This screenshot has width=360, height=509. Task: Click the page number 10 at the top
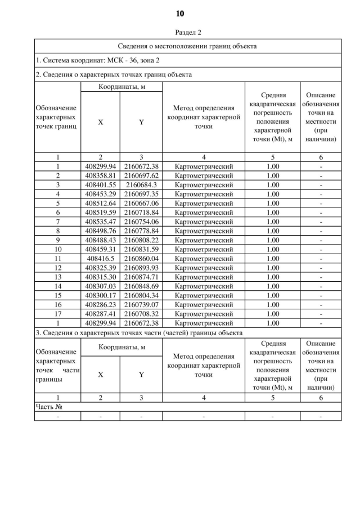click(x=180, y=13)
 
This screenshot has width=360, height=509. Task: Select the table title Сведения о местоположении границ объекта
click(x=188, y=46)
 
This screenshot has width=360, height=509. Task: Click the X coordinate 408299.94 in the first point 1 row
click(x=100, y=166)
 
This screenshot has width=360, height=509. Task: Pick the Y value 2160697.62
click(x=141, y=175)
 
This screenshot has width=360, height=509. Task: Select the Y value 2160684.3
click(x=141, y=184)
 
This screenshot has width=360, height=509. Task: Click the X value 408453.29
click(x=100, y=193)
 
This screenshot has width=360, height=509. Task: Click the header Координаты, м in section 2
click(x=121, y=87)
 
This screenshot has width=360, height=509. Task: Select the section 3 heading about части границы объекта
click(x=139, y=333)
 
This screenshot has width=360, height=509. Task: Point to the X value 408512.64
click(x=100, y=202)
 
